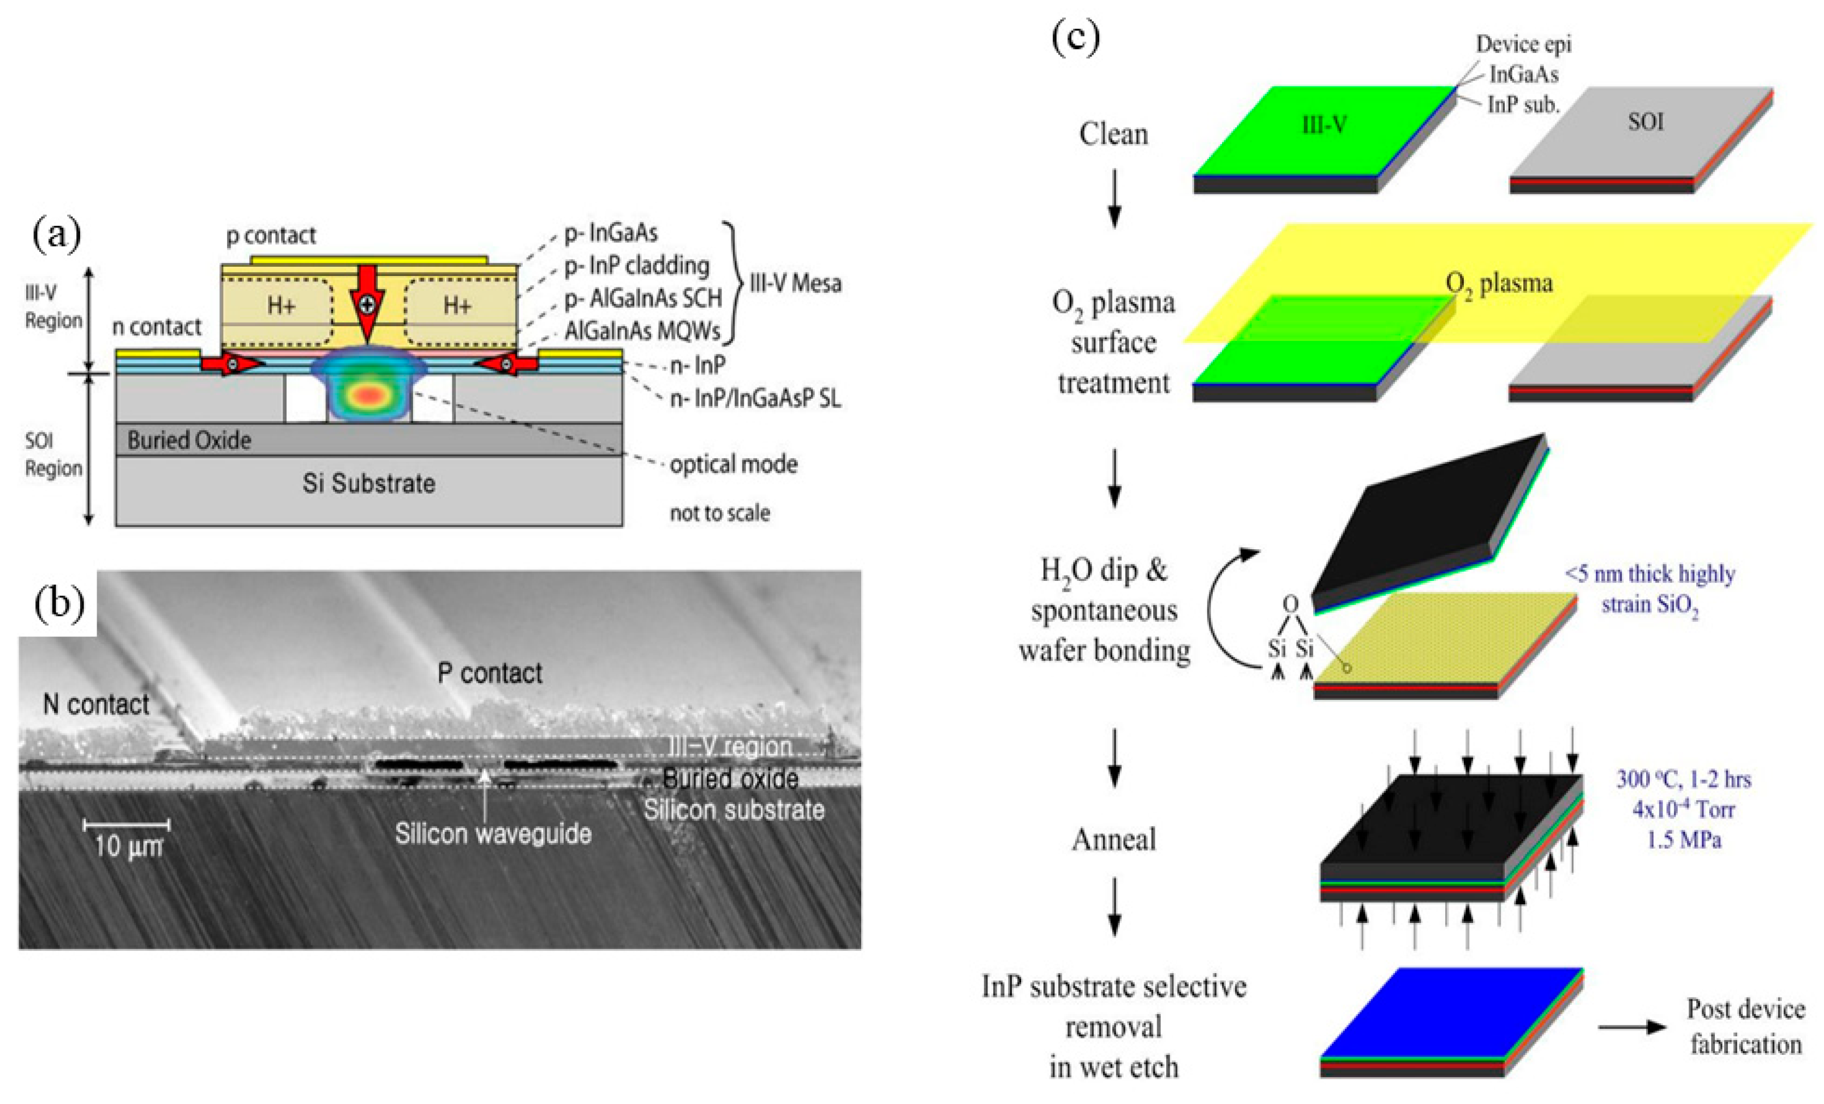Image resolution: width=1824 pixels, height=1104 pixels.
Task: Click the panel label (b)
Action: pyautogui.click(x=59, y=604)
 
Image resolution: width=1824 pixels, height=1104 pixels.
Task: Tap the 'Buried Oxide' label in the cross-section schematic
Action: pyautogui.click(x=189, y=440)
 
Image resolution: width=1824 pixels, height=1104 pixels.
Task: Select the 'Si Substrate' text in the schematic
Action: pyautogui.click(x=368, y=483)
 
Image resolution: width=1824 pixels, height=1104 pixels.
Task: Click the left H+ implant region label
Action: pyautogui.click(x=281, y=305)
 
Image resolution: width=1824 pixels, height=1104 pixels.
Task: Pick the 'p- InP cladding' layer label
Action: pyautogui.click(x=636, y=265)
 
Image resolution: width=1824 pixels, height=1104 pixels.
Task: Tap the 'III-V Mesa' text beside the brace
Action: pyautogui.click(x=795, y=284)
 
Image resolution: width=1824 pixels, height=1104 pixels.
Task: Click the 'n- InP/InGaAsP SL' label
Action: pyautogui.click(x=755, y=399)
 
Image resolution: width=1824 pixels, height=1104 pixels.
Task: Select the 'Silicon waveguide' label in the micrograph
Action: pyautogui.click(x=493, y=834)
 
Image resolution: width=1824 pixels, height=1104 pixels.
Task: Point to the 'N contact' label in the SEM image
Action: pyautogui.click(x=96, y=704)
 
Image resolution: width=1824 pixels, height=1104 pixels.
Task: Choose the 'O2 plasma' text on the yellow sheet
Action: pyautogui.click(x=1499, y=284)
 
